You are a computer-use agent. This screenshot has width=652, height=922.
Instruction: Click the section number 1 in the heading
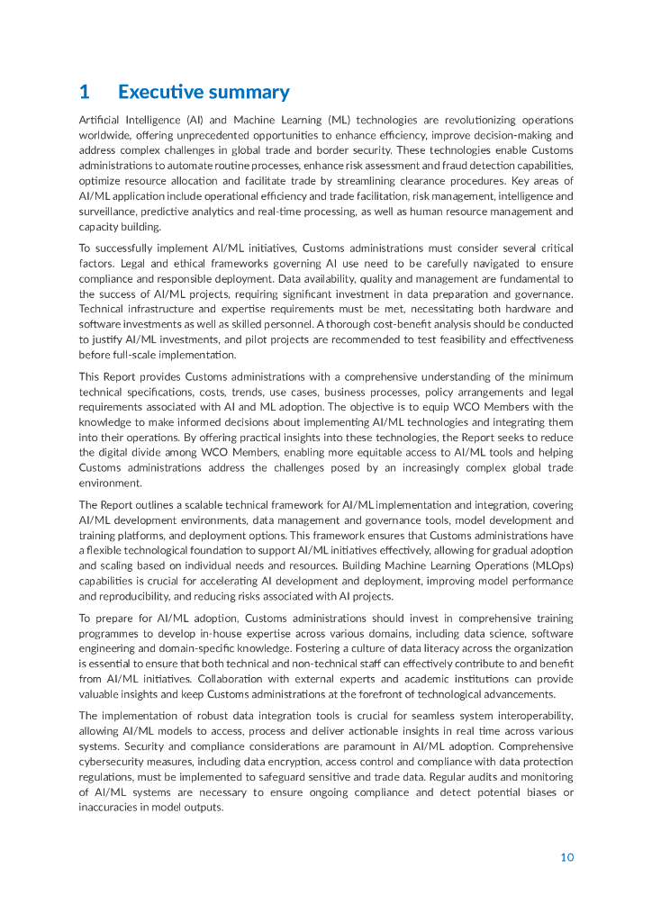84,92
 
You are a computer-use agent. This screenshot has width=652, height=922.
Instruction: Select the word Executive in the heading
160,92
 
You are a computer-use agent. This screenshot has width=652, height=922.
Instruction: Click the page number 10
566,857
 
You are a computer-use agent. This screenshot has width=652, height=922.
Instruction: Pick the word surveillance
108,212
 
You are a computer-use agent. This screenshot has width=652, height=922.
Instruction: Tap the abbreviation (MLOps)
546,565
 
